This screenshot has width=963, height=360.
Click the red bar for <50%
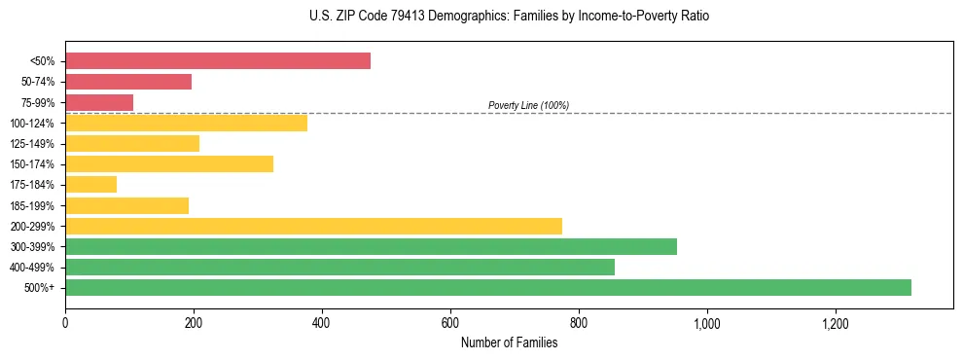click(x=218, y=60)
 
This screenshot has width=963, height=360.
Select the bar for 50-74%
click(x=128, y=82)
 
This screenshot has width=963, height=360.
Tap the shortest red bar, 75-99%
click(x=99, y=102)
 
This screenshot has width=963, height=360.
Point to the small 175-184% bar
click(x=90, y=184)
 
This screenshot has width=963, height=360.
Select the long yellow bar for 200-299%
click(x=313, y=226)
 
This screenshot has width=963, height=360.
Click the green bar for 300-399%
click(x=371, y=246)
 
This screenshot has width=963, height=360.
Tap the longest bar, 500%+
click(x=488, y=287)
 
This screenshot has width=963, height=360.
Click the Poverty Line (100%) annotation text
click(x=528, y=105)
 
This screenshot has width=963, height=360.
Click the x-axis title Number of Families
click(x=509, y=342)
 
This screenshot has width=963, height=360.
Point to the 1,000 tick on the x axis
click(x=706, y=322)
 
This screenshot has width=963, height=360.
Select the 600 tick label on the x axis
click(x=450, y=322)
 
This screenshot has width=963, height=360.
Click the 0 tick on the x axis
click(x=65, y=322)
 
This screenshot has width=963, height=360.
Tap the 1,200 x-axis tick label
click(x=835, y=322)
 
